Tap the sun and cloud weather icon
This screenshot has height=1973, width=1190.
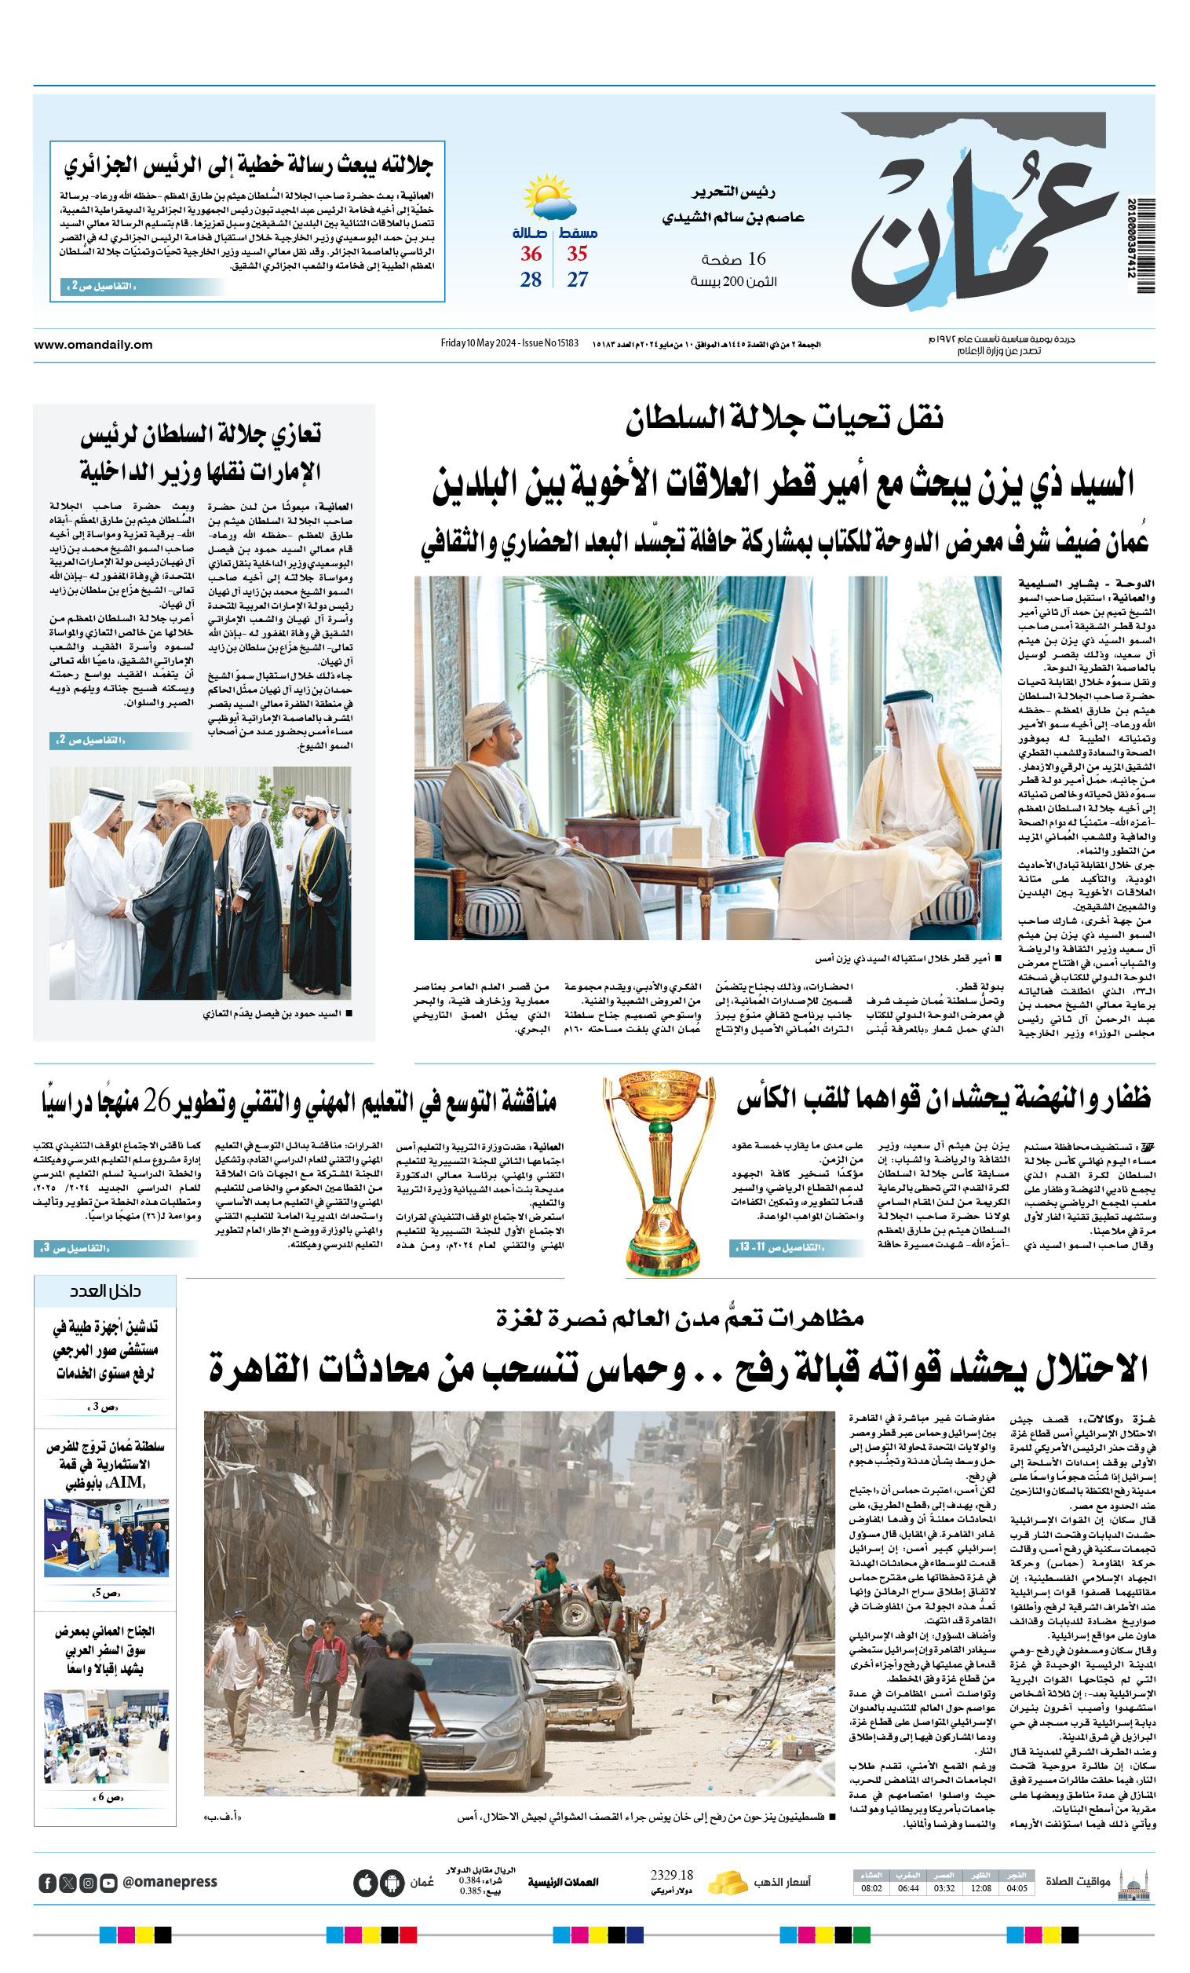pos(549,197)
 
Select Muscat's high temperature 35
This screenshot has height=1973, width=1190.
pos(577,254)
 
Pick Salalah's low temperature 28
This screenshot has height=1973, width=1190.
pos(531,280)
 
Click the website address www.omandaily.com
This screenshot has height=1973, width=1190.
pos(93,344)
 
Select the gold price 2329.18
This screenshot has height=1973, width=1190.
pos(671,1875)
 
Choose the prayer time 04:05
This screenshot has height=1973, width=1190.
pos(1017,1888)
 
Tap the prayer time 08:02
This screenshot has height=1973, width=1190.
pos(871,1888)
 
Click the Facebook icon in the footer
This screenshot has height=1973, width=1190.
pos(47,1883)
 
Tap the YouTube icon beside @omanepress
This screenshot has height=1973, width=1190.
pos(109,1883)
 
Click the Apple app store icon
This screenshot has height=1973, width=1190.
pos(366,1883)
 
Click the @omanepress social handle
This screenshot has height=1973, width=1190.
pos(170,1882)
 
